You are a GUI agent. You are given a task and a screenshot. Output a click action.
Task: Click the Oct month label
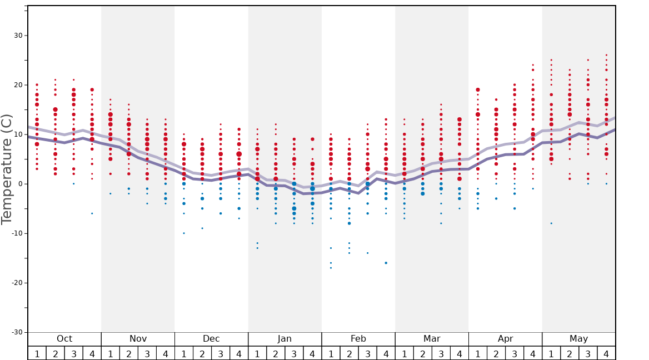[64, 339]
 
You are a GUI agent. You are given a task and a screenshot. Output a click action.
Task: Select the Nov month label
[138, 339]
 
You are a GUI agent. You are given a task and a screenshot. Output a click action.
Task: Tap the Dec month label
[211, 339]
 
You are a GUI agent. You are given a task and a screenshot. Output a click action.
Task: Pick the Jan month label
[284, 339]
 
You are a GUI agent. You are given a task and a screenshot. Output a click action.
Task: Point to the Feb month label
[358, 339]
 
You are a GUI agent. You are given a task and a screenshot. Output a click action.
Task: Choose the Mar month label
[432, 339]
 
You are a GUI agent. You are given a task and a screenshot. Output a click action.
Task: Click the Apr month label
[505, 339]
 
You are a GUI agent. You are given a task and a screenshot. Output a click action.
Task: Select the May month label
[578, 339]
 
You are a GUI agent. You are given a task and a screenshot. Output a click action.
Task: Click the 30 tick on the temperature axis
[18, 36]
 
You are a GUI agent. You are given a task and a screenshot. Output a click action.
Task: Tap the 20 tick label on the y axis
[18, 85]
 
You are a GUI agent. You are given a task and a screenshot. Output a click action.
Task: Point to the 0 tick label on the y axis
[20, 184]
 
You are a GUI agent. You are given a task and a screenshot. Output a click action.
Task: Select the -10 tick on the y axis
[16, 233]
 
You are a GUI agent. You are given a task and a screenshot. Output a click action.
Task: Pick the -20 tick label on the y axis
[16, 283]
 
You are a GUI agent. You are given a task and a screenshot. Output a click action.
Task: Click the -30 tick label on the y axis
[16, 332]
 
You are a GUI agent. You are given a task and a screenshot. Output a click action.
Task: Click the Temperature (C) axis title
[7, 169]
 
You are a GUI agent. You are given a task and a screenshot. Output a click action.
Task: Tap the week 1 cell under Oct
[37, 353]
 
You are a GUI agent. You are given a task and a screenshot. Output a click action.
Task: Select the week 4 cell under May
[606, 353]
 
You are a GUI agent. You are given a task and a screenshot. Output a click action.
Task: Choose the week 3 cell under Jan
[294, 353]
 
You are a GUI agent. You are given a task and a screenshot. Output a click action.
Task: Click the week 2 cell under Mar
[422, 353]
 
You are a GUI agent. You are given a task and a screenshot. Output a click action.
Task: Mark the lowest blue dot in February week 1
[331, 268]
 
